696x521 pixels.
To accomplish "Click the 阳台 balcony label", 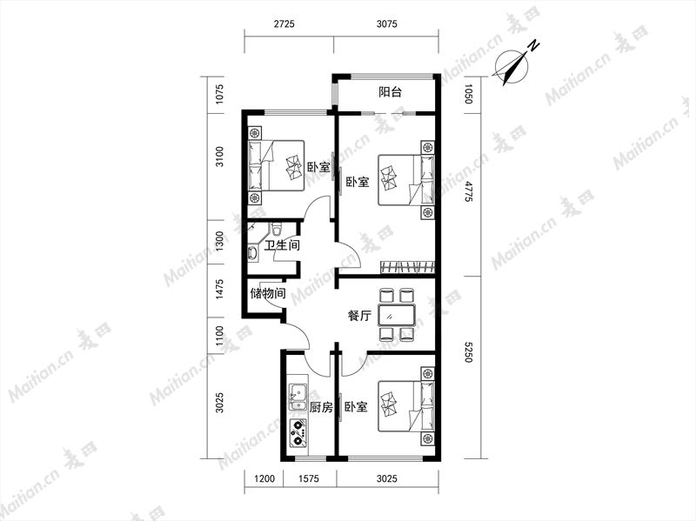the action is click(390, 92).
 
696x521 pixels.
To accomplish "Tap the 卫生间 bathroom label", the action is click(282, 245).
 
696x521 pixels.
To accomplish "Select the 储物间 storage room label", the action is click(268, 293).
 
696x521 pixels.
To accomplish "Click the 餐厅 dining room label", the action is click(359, 316).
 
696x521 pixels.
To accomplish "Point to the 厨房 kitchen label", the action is click(321, 407).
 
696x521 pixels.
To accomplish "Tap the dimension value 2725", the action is click(284, 24).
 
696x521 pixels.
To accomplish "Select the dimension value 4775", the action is click(466, 191).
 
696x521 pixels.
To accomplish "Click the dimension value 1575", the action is click(309, 479).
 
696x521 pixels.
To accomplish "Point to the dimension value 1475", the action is click(220, 289).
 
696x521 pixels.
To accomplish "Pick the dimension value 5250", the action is click(466, 351).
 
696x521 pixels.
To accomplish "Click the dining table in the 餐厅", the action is click(397, 316).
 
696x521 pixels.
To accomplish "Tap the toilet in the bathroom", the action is click(277, 229).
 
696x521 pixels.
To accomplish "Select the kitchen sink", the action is click(298, 397).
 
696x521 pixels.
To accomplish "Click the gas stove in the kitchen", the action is click(298, 433).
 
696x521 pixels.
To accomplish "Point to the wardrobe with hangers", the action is click(407, 267).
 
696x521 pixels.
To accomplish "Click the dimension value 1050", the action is click(466, 94).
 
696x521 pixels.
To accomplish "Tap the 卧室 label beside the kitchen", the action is click(357, 407).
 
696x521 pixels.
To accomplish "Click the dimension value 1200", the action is click(264, 479).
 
